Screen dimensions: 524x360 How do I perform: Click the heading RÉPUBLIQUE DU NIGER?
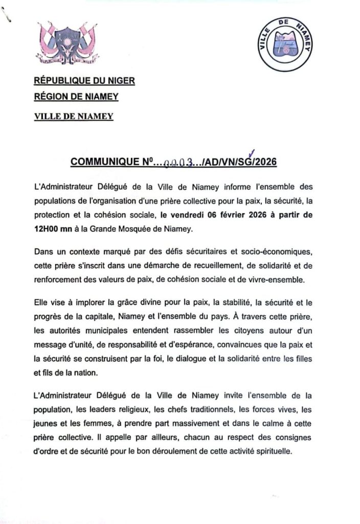coord(84,80)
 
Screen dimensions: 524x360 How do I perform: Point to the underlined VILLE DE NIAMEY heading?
coord(74,116)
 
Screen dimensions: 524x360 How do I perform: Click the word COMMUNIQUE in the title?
coord(104,162)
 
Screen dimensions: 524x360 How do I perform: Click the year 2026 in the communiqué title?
coord(265,162)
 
